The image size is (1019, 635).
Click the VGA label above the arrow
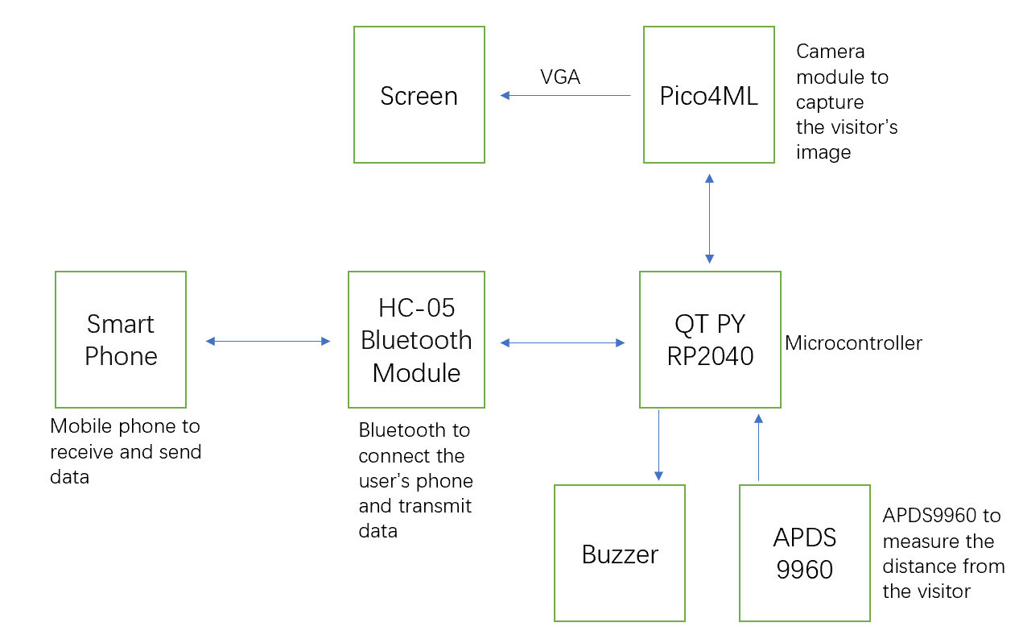pyautogui.click(x=560, y=77)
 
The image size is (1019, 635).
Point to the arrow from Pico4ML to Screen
pyautogui.click(x=566, y=96)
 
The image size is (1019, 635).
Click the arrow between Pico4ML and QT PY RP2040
pyautogui.click(x=709, y=218)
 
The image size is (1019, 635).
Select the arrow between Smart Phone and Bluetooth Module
pyautogui.click(x=268, y=341)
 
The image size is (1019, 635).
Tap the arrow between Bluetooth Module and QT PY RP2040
pyautogui.click(x=563, y=342)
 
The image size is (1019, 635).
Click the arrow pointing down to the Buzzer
pyautogui.click(x=658, y=445)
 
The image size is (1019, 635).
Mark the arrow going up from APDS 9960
pyautogui.click(x=758, y=447)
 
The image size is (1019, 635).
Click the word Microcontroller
pyautogui.click(x=853, y=343)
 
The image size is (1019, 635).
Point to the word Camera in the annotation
pyautogui.click(x=830, y=52)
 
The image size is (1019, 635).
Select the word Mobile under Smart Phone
pyautogui.click(x=81, y=426)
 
